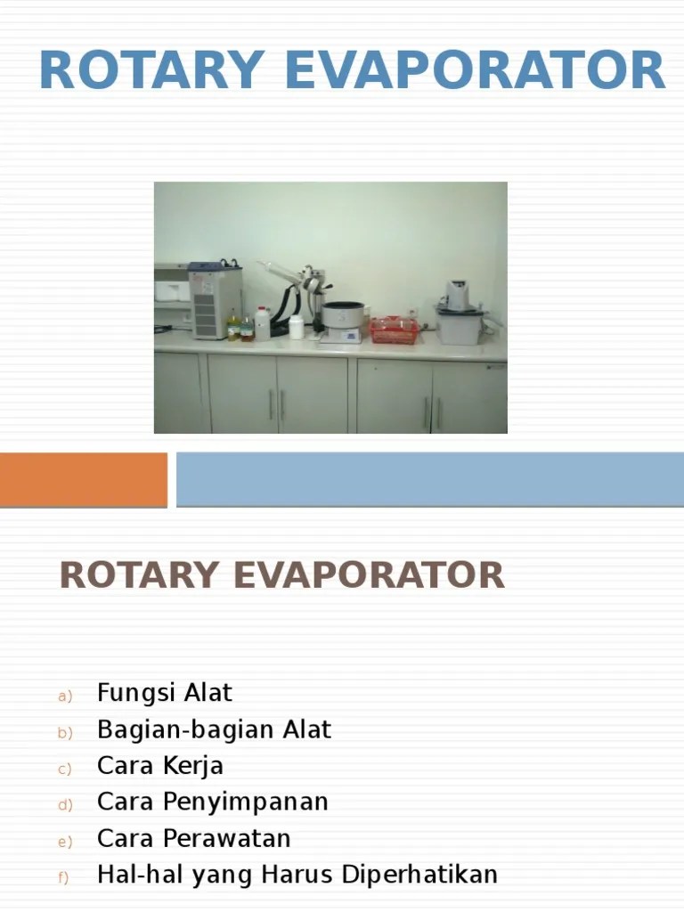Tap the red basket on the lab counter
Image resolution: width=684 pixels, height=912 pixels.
tap(394, 330)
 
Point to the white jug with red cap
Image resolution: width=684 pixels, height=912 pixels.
tap(262, 323)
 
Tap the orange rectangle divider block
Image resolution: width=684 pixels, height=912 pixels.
tap(83, 479)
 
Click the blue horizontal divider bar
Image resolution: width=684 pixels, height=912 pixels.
tap(429, 479)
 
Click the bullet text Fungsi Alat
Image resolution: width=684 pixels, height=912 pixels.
tap(165, 692)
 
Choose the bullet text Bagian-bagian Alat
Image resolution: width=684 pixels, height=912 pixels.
tap(214, 729)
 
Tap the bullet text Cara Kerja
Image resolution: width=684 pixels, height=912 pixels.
tap(160, 766)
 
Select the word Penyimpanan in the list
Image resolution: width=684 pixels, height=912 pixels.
tap(246, 802)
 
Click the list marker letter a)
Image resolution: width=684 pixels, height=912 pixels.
tap(64, 696)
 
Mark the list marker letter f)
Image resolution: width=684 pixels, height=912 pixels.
tap(64, 878)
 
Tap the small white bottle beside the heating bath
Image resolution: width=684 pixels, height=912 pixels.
tap(296, 326)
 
